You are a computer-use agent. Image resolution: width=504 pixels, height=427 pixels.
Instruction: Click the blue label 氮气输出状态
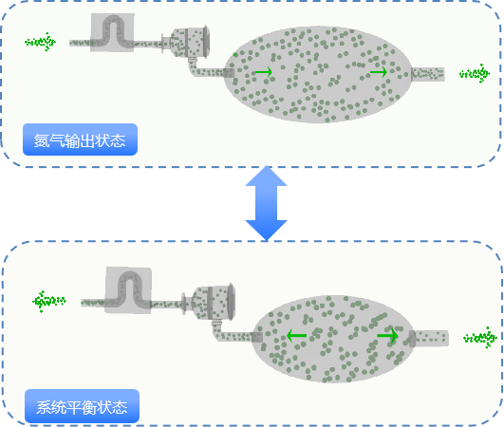pos(80,139)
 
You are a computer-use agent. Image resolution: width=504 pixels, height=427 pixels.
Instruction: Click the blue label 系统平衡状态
pos(82,406)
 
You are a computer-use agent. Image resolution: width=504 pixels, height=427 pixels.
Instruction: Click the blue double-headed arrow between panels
pos(266,203)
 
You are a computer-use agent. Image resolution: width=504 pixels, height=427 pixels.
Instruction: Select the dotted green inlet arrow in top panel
pos(41,42)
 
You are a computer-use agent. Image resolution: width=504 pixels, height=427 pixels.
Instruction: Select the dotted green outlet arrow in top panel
pos(475,74)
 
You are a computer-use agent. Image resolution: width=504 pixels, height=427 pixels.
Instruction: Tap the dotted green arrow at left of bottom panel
pos(48,302)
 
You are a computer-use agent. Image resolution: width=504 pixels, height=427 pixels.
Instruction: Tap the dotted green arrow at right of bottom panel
pos(480,338)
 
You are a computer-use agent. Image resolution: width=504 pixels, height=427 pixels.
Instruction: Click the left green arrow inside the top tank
pos(263,72)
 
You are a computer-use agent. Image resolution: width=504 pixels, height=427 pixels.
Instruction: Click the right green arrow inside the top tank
pos(379,72)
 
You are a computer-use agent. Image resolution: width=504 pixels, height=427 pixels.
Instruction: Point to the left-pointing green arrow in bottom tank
pos(296,336)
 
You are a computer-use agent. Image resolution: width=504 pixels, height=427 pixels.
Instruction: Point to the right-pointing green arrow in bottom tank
pos(387,336)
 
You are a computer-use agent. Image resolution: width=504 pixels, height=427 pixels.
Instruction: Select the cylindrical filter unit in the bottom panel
pos(209,302)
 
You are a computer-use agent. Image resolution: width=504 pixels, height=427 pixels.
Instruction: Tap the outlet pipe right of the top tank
pos(428,74)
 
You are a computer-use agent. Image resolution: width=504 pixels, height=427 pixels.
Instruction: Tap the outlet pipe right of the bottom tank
pos(429,338)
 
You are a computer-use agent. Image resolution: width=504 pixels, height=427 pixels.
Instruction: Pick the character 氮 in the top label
pos(42,140)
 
